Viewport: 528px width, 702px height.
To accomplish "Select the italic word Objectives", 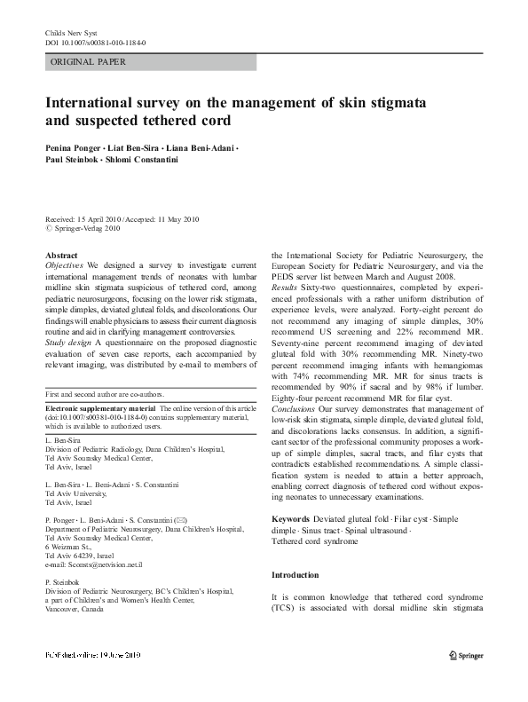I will coord(64,265).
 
